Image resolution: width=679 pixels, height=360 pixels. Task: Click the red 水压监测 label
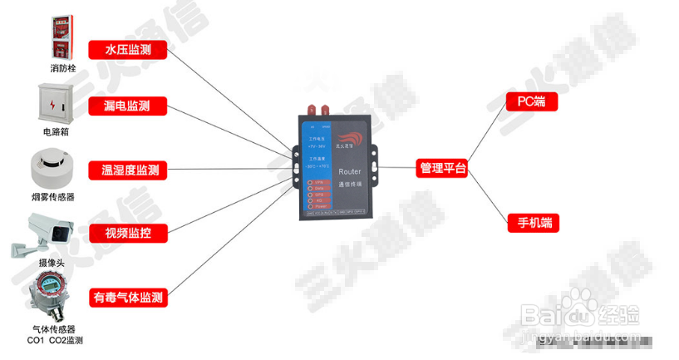[x=127, y=50]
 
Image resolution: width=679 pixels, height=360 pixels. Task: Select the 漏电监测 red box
[x=127, y=106]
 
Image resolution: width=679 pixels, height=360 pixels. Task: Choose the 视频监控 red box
[x=127, y=233]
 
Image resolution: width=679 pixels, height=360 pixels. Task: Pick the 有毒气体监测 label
[x=128, y=297]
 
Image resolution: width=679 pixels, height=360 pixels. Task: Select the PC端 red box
[x=532, y=102]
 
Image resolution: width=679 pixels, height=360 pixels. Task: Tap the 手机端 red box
[x=533, y=223]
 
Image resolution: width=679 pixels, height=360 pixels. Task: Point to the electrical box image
[x=58, y=103]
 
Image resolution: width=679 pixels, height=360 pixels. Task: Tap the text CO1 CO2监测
[x=55, y=341]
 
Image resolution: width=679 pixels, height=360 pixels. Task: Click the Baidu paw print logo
[x=583, y=314]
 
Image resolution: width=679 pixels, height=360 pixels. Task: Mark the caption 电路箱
[x=57, y=131]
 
